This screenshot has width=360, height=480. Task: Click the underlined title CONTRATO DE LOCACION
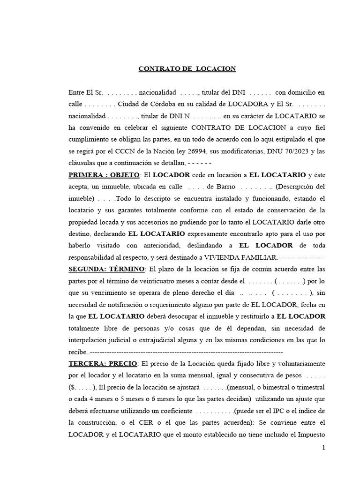point(187,69)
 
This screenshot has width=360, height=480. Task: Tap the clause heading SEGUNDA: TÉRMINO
point(107,269)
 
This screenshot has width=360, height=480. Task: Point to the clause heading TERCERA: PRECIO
point(103,363)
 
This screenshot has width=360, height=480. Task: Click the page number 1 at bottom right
point(323,449)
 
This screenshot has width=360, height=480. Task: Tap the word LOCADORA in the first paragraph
point(248,104)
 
